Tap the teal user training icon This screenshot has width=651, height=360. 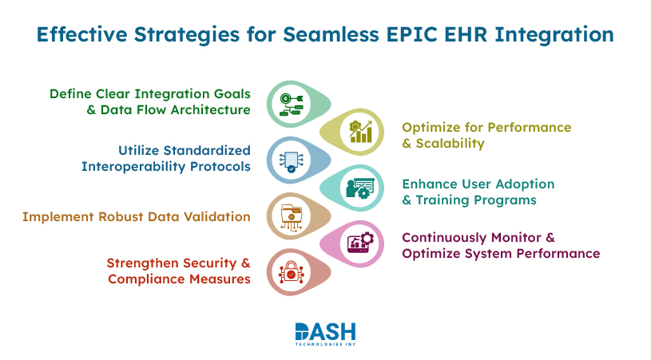[x=357, y=188]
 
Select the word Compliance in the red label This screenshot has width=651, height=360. [x=145, y=279]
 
